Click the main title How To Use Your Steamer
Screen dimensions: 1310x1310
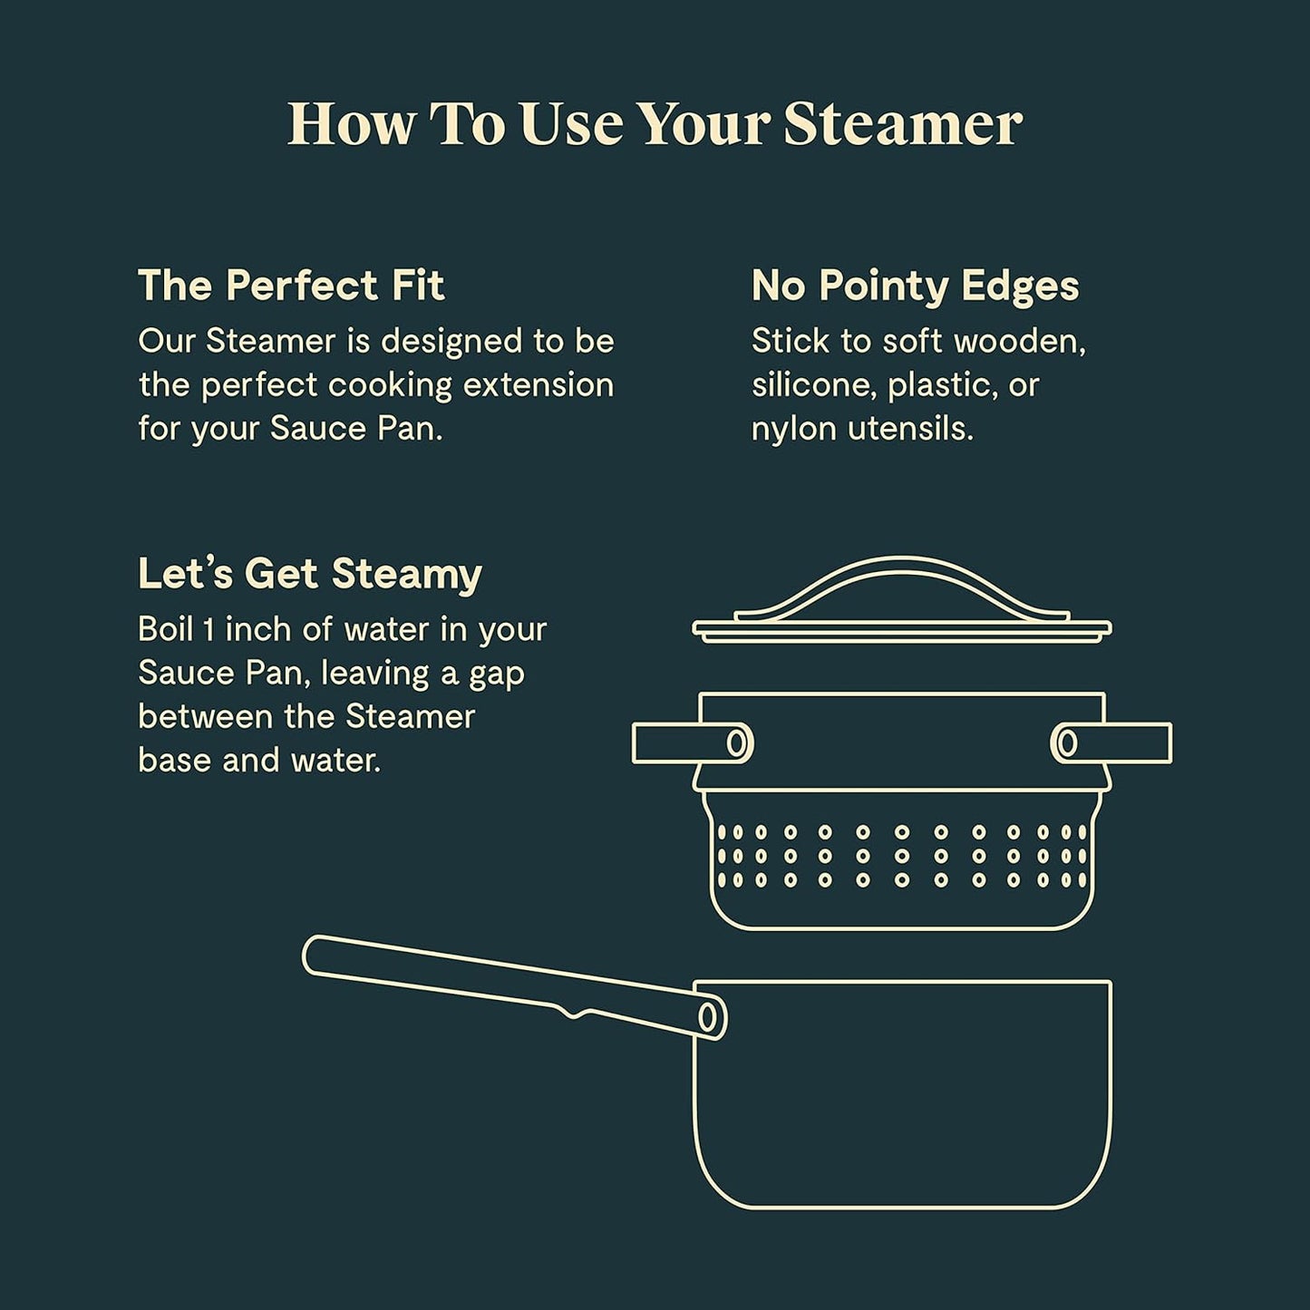(x=655, y=123)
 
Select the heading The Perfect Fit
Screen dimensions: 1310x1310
(x=291, y=286)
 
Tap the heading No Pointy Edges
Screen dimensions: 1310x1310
(x=915, y=286)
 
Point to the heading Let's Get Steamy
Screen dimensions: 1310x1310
(x=309, y=574)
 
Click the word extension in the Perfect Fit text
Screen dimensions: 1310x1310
(x=539, y=385)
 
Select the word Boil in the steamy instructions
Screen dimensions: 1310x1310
(x=165, y=629)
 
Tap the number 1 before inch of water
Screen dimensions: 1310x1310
(x=208, y=629)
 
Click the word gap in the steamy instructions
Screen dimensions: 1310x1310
(x=496, y=674)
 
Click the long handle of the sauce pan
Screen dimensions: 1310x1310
(x=508, y=985)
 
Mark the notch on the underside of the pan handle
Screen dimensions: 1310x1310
(x=573, y=1013)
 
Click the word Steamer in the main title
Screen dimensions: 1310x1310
(x=903, y=123)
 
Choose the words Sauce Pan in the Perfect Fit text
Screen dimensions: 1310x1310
(x=354, y=429)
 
